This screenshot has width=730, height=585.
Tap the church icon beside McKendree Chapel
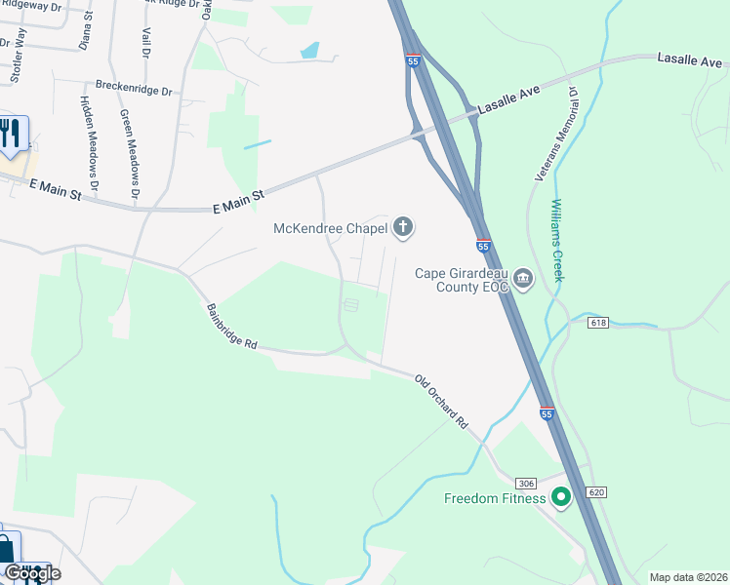402,229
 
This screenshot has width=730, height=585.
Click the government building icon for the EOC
523,281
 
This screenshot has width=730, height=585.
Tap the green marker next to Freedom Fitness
560,498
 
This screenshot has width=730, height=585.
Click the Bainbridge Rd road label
231,327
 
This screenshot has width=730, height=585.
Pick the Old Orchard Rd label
441,402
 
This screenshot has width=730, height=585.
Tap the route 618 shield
598,322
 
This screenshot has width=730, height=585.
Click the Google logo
31,572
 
